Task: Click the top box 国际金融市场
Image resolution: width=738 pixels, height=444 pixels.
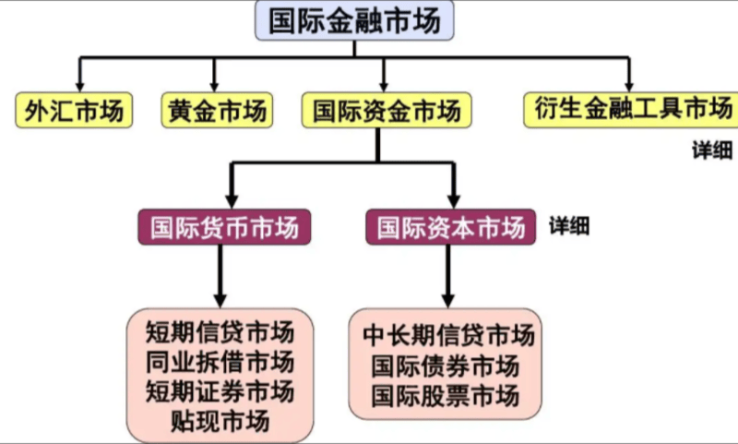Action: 354,21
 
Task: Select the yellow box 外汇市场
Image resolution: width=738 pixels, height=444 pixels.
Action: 74,111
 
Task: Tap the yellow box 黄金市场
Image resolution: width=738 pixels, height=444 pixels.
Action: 218,111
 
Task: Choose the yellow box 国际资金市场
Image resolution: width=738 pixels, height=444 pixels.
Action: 387,111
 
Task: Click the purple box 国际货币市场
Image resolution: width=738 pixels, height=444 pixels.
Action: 223,226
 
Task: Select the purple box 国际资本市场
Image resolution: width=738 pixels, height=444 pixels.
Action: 450,226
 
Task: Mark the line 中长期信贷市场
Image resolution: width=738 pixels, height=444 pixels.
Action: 448,335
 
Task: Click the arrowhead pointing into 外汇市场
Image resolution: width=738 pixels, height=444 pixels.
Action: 80,85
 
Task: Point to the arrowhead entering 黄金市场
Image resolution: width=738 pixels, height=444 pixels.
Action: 214,85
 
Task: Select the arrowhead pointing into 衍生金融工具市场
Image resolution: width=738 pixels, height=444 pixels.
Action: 629,85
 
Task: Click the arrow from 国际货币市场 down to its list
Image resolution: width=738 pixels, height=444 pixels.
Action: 220,277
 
